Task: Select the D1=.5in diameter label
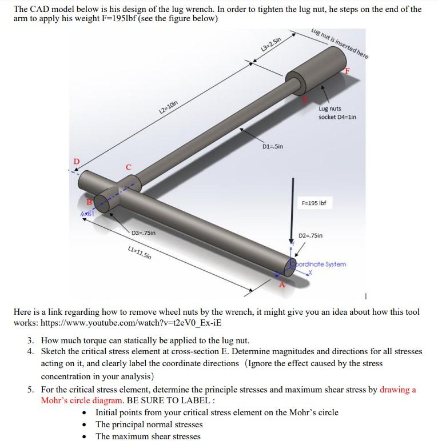(x=273, y=147)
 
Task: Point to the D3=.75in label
(x=143, y=232)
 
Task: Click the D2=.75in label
(x=311, y=235)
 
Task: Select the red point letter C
(x=129, y=167)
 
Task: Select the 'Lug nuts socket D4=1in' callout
(x=337, y=113)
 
